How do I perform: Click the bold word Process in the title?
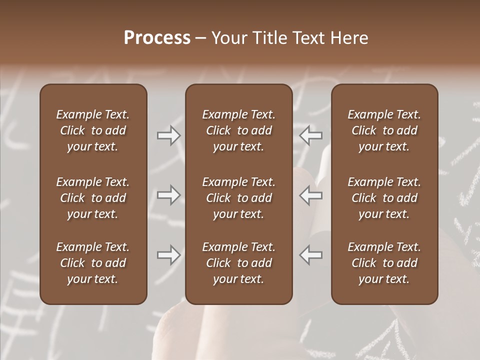(157, 38)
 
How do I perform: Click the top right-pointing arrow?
(169, 135)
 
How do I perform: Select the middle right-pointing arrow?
(169, 195)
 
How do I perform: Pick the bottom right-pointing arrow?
(169, 255)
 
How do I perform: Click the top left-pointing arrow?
(311, 135)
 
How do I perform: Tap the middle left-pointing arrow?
(311, 195)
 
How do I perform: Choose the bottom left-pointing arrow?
(311, 255)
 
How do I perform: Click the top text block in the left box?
(93, 130)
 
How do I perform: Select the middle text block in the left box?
(93, 198)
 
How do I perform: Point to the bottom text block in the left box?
(93, 263)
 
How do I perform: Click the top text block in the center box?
(238, 130)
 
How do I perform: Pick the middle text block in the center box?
(238, 198)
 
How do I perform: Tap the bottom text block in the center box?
(238, 263)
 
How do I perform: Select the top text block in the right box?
(384, 130)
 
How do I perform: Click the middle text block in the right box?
(384, 198)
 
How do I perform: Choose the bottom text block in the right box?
(384, 263)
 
